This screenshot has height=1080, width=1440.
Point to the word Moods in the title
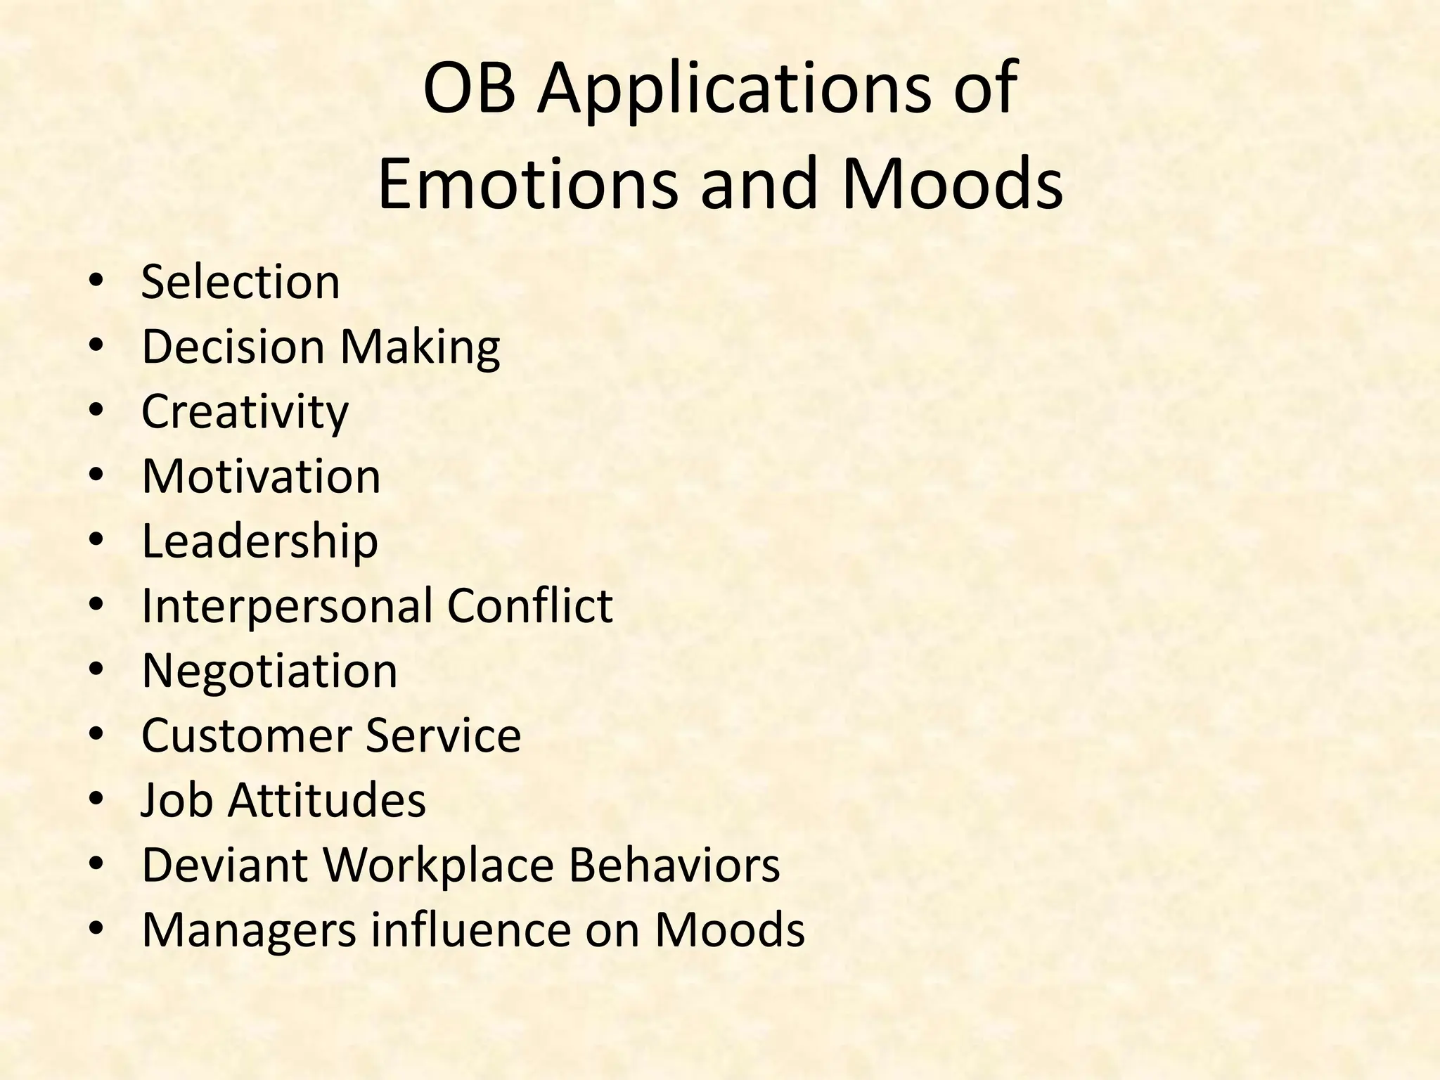(951, 184)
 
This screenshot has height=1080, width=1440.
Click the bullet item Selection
(240, 282)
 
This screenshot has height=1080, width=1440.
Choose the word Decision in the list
(233, 347)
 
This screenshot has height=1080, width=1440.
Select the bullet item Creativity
(245, 413)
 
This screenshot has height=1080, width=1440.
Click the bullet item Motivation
(261, 476)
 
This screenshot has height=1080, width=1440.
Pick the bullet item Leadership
(259, 542)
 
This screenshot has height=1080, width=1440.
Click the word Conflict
(529, 605)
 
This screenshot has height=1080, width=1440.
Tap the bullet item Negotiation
(269, 671)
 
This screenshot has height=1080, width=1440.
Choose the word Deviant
(224, 865)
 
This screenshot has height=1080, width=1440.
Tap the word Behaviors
(674, 865)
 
